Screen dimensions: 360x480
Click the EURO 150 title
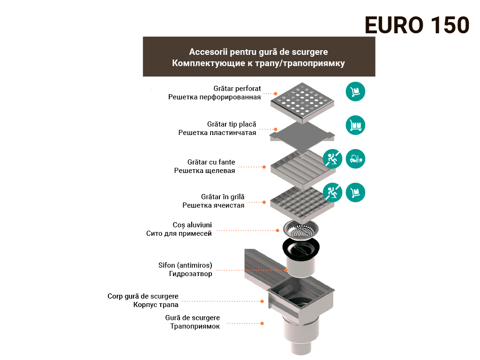point(417,25)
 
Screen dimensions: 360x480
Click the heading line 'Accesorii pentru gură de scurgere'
point(258,52)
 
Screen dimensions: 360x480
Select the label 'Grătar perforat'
point(237,89)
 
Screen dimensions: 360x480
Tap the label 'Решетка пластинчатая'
point(217,133)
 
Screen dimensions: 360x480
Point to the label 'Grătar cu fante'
point(211,162)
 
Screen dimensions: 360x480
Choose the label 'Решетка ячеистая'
point(213,205)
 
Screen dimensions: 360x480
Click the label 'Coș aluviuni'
point(192,225)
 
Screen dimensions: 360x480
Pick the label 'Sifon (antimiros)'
point(185,265)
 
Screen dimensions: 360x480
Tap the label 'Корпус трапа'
point(156,305)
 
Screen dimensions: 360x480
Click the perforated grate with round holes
point(302,102)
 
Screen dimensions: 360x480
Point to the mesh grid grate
point(302,202)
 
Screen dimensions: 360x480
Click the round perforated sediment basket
point(301,229)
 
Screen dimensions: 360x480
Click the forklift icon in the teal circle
point(355,159)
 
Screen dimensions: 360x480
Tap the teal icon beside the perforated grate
point(355,91)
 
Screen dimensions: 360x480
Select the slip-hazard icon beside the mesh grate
point(332,193)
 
